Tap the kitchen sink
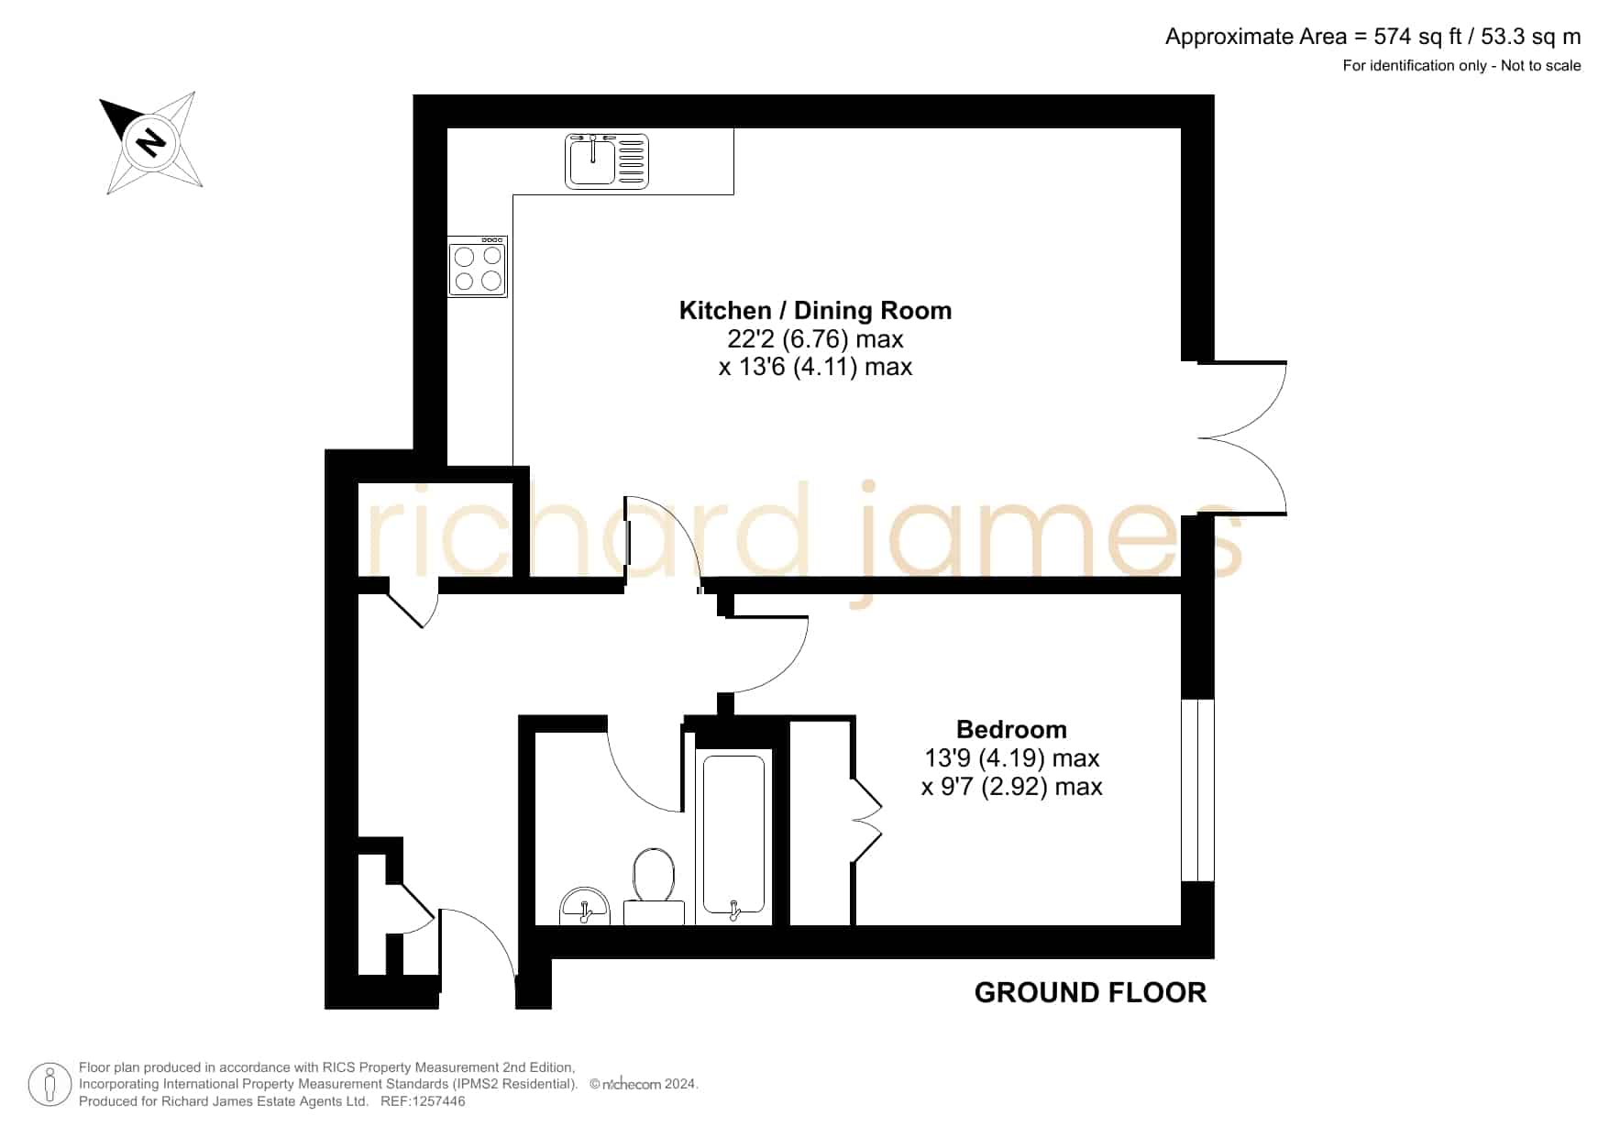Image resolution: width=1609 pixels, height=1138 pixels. (607, 161)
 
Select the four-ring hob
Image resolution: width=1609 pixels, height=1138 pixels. (478, 267)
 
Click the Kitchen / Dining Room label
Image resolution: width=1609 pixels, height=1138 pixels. (815, 311)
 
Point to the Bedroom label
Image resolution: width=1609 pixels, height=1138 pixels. (1011, 730)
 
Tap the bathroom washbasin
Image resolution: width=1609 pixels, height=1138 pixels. (585, 906)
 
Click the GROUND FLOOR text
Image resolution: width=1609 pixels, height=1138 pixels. (1090, 992)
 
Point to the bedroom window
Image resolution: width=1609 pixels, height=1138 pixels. (1197, 790)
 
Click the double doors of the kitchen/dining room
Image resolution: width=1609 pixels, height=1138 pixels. (1242, 437)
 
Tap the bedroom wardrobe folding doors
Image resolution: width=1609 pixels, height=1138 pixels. (867, 820)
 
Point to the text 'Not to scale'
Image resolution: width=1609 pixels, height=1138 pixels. (1541, 65)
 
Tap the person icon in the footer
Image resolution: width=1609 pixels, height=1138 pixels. (50, 1085)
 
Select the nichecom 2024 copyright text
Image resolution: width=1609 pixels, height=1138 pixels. (644, 1084)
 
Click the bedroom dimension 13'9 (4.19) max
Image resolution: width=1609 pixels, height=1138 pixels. (1012, 758)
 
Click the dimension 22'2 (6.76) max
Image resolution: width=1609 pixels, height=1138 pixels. (815, 339)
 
